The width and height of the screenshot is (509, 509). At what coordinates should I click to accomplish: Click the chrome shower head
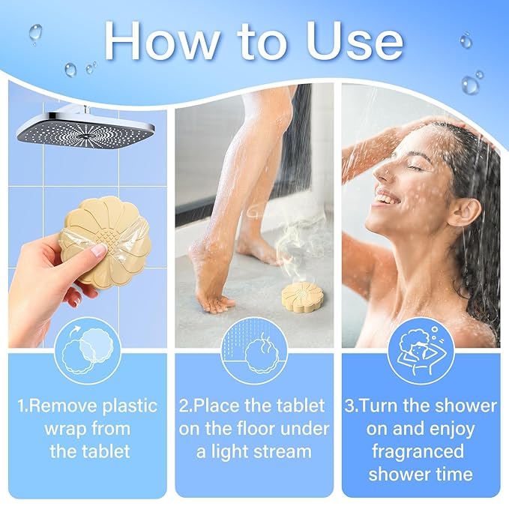coord(85,127)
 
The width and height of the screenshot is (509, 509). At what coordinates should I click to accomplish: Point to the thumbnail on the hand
coord(96,252)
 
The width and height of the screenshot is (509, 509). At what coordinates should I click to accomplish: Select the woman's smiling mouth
coord(388,201)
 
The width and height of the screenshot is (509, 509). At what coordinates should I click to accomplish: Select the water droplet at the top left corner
coord(35,33)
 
